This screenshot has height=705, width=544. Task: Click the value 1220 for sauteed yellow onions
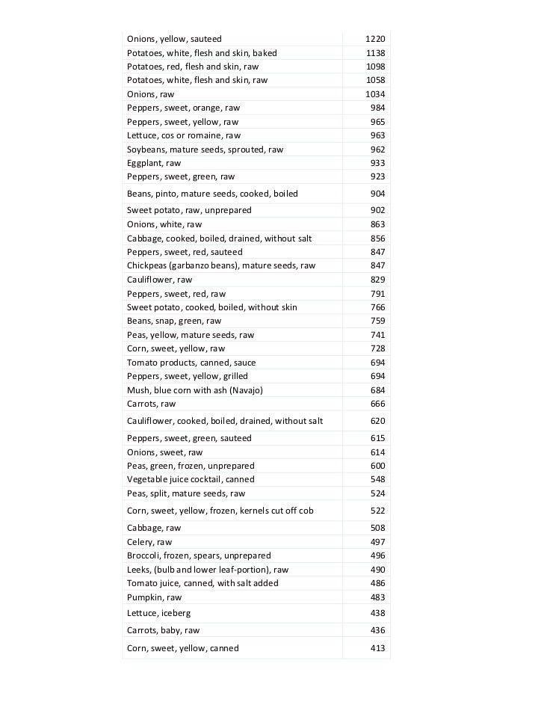point(376,39)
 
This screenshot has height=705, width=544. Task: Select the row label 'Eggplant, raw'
point(154,163)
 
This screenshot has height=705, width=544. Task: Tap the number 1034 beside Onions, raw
point(375,94)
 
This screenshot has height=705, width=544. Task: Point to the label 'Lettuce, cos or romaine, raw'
point(184,135)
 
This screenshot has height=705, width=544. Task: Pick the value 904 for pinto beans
point(377,194)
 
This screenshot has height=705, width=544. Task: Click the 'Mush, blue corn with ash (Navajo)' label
point(195,390)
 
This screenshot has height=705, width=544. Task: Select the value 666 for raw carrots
point(377,404)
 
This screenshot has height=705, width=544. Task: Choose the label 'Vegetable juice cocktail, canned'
point(191,479)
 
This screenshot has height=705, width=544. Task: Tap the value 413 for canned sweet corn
point(377,648)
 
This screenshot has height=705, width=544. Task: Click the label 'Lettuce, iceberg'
point(158,613)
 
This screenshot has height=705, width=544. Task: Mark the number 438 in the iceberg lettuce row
point(377,613)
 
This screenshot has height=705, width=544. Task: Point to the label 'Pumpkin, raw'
point(154,597)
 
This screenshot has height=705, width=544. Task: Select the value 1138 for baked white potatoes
point(376,53)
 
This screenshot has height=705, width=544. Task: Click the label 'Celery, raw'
point(149,542)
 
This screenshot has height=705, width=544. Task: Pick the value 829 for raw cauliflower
point(377,279)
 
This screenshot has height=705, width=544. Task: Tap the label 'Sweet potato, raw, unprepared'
point(189,210)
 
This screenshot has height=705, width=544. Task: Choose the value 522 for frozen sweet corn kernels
point(377,511)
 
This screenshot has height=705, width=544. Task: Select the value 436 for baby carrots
point(377,630)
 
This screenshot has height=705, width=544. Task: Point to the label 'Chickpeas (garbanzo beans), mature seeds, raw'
point(221,265)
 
